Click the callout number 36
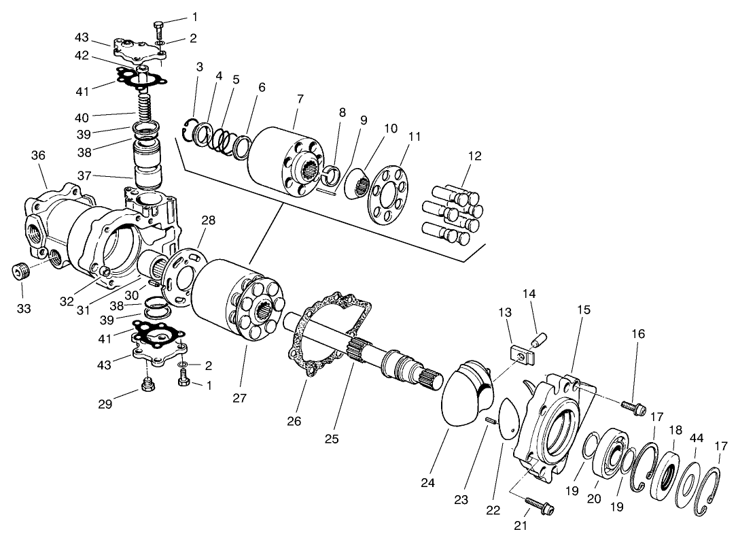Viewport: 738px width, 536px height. [38, 156]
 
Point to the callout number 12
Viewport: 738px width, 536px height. [474, 156]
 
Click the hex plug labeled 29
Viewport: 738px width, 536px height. [146, 388]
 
